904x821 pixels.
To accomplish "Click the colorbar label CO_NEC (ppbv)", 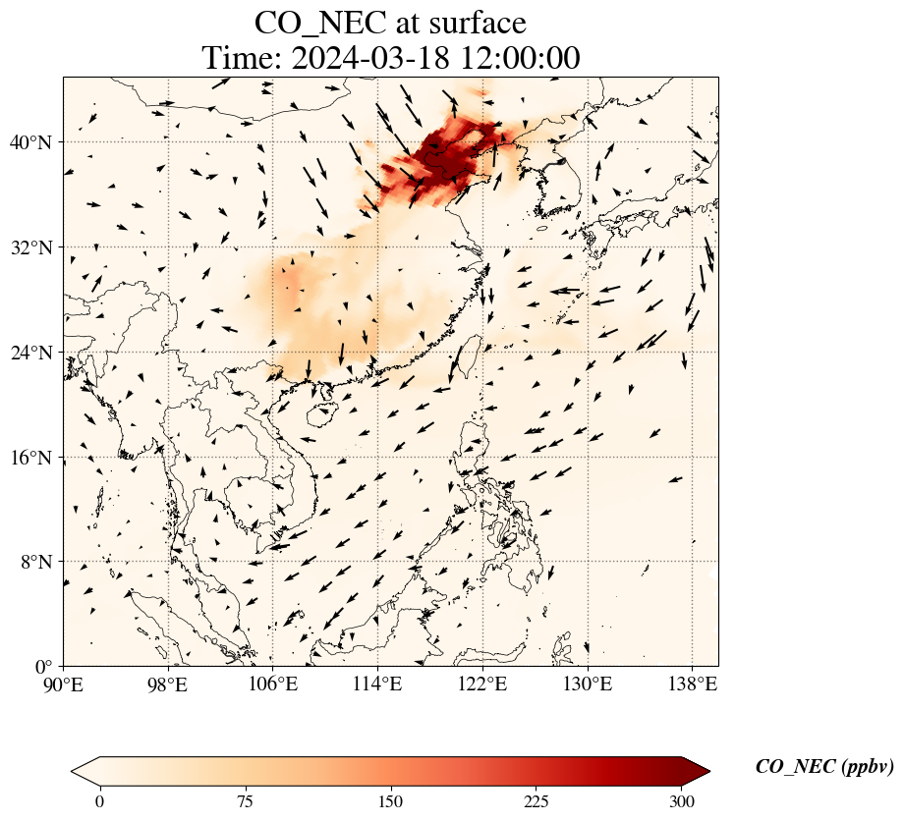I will click(x=824, y=767).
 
